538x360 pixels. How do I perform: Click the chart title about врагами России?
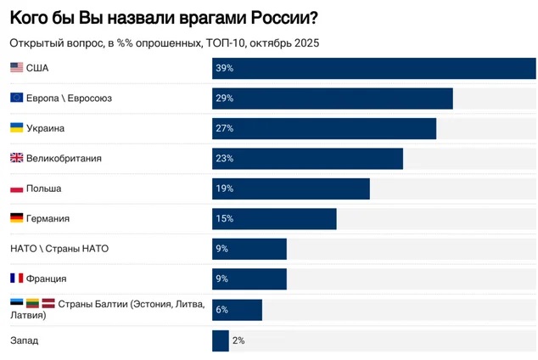pos(158,17)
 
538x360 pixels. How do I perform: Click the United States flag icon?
pos(16,68)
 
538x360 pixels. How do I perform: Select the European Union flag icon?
pos(16,98)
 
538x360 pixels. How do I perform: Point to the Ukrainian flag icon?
pos(16,128)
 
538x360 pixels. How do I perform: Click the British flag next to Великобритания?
pos(16,158)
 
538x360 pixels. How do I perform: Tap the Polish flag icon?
pos(16,188)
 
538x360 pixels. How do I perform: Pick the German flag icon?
pos(16,218)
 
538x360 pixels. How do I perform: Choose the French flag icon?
pos(16,278)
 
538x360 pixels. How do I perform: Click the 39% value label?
pos(225,68)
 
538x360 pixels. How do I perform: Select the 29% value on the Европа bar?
pos(225,98)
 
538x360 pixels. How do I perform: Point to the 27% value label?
pos(225,128)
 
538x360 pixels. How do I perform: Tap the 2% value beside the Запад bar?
pos(238,340)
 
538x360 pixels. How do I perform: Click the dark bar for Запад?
pos(220,340)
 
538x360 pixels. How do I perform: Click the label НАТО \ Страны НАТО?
pos(59,249)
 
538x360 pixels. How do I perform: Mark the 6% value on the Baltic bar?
pos(222,309)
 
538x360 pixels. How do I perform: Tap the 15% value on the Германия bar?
pos(225,219)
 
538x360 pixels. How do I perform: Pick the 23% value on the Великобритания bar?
pos(225,159)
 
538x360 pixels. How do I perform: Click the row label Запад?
pos(24,340)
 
